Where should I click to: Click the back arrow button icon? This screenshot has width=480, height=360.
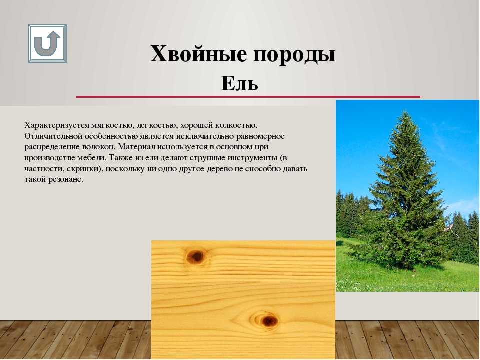point(47,43)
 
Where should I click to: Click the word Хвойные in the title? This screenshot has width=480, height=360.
point(198,54)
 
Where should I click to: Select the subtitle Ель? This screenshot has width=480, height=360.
point(239,83)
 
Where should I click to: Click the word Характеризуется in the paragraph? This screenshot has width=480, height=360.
point(56,125)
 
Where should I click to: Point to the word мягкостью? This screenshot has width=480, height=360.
point(112,125)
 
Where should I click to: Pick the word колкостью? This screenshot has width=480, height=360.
point(236,125)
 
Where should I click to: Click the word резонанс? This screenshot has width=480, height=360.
point(66,179)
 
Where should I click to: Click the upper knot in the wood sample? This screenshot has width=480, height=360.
point(195,256)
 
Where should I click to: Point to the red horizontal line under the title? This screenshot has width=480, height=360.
point(248,96)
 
